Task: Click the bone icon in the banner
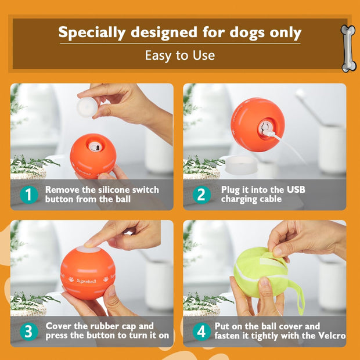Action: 347,49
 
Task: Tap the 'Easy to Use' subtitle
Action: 179,56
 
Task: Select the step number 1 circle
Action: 27,195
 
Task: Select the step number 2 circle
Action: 200,195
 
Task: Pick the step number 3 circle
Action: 27,332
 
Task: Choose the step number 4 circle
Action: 200,332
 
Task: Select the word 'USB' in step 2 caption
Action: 294,189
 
